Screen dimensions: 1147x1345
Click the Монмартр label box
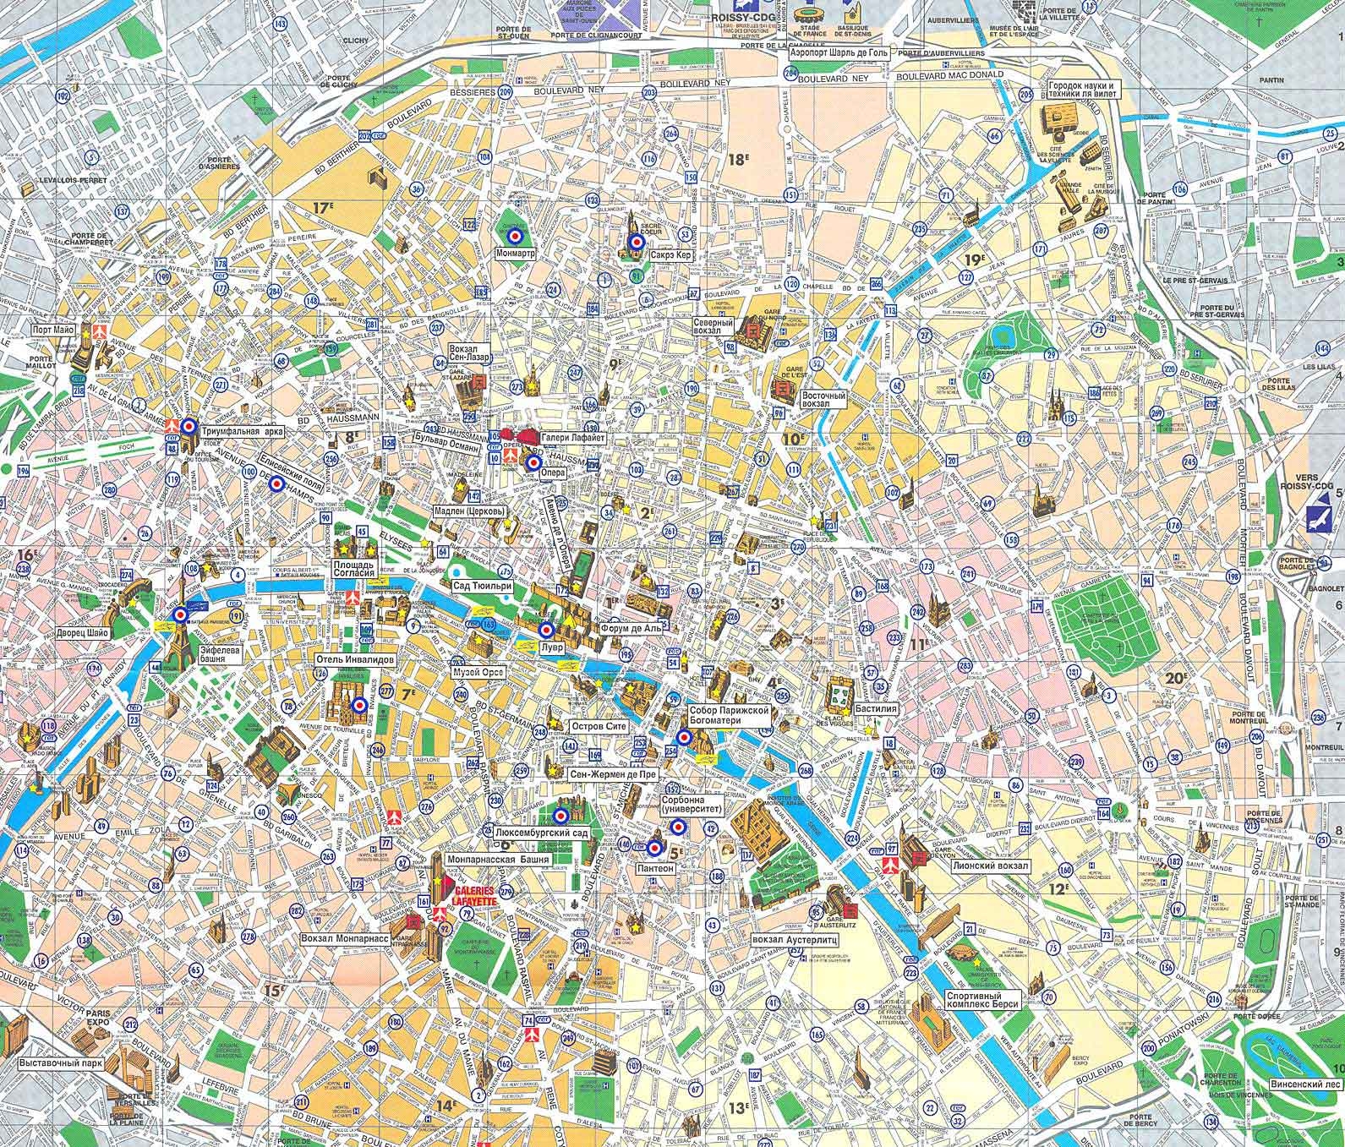516,253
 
